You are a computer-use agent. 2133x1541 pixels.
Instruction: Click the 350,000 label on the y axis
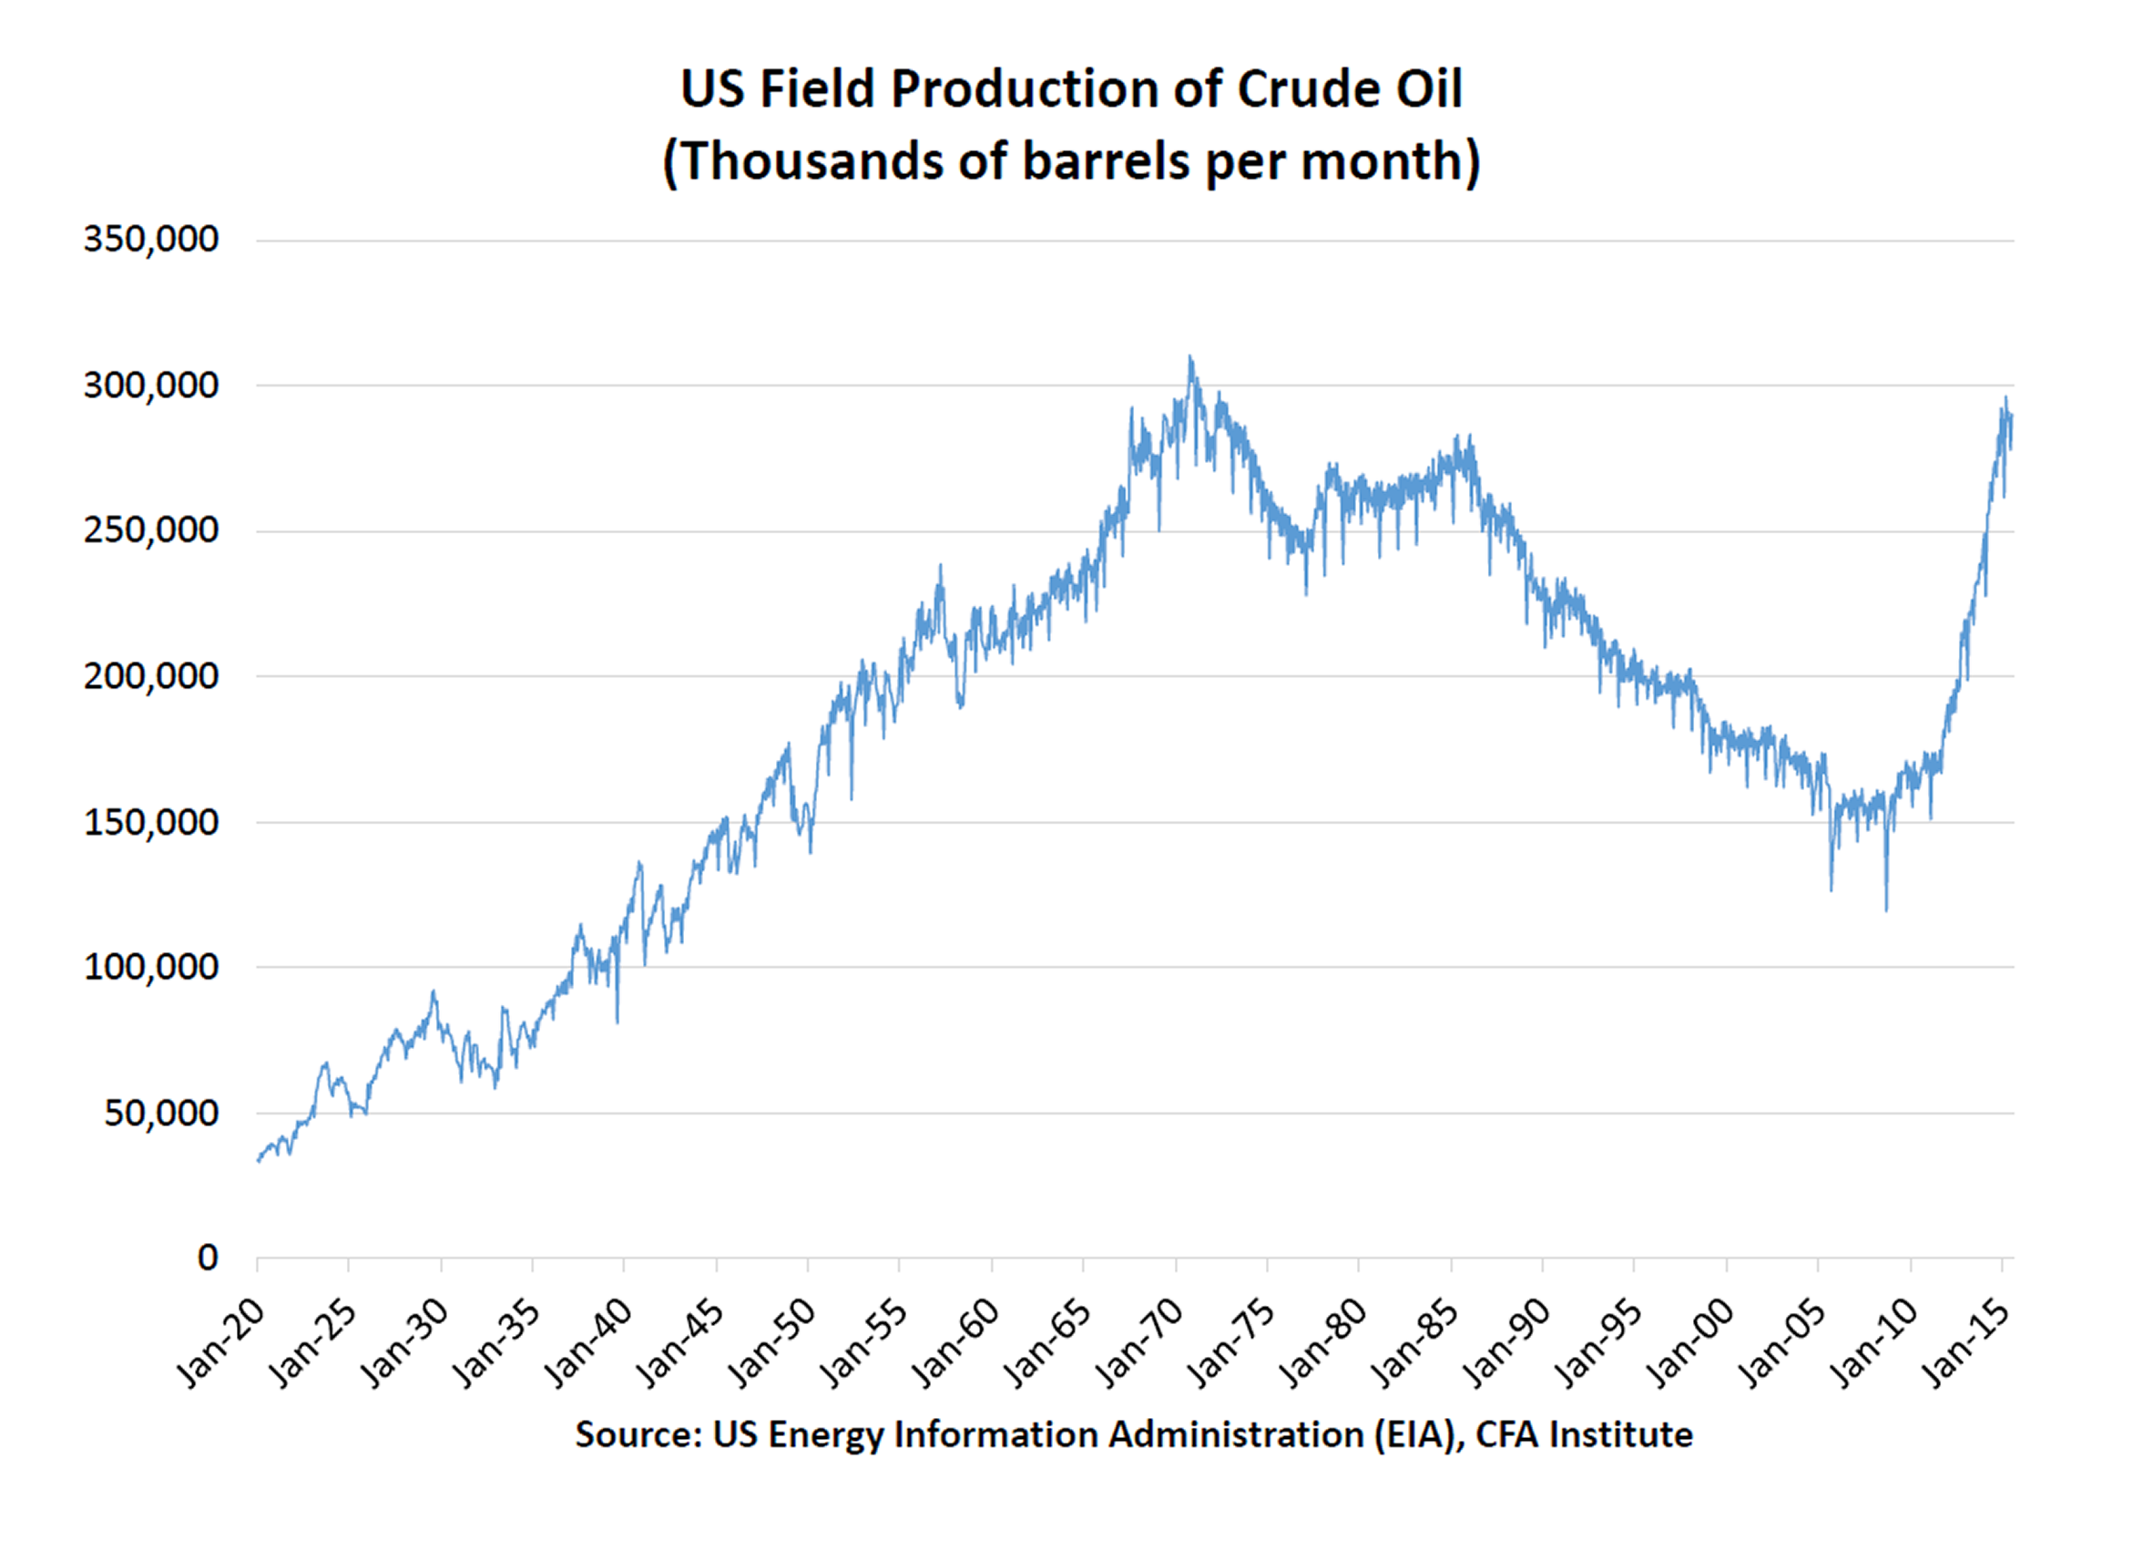coord(150,240)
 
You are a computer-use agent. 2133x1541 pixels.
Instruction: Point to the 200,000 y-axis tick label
coord(150,676)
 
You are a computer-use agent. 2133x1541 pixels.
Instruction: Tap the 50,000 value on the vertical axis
coord(161,1114)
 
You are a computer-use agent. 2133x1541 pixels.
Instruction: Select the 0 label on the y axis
coord(208,1258)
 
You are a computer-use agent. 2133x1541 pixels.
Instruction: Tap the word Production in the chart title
coord(1025,89)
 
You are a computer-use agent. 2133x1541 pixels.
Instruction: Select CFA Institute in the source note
coord(1584,1434)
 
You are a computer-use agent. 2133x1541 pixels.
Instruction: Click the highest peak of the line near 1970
coord(1189,357)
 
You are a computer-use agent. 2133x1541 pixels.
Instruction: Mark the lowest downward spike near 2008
coord(1885,909)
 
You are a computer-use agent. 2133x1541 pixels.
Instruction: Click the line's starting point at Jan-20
coord(259,1161)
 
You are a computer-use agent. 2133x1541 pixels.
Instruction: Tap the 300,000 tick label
coord(150,385)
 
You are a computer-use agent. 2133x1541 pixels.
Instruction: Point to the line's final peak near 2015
coord(2005,399)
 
